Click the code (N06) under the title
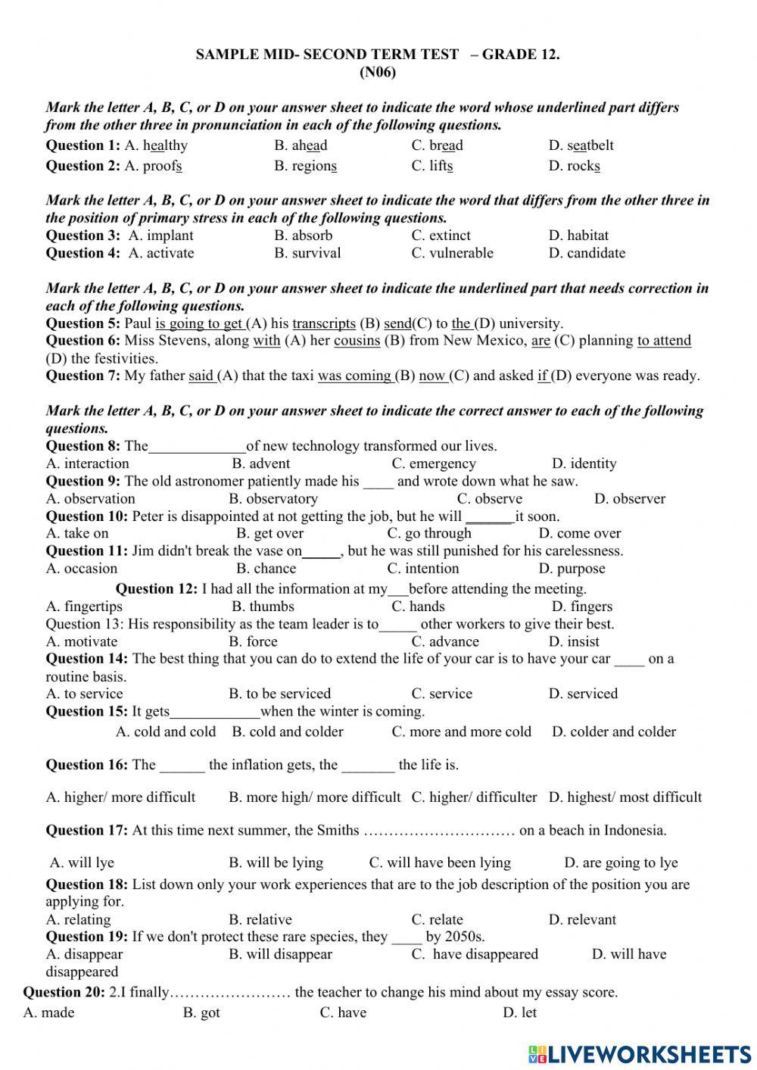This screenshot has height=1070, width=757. coord(378,73)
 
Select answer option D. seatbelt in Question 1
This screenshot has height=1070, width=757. coord(581,145)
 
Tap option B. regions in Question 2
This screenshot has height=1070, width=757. coord(305,166)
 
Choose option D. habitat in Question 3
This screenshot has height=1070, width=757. coord(578,236)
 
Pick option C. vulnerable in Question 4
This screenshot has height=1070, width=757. coord(452,253)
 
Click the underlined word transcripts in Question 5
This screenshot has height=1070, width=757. coord(324,323)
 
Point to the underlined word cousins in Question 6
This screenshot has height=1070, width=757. coord(357,341)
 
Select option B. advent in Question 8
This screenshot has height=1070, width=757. coord(260,463)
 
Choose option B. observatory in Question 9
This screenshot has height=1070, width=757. coord(273,498)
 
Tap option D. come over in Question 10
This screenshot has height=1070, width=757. coord(579,533)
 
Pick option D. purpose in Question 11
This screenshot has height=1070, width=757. coord(572,569)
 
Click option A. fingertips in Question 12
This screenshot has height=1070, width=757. coord(84,607)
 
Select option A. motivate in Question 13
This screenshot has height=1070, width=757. coord(82,641)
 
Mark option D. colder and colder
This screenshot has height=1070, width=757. coord(613,732)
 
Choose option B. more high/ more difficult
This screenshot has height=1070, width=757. coord(314,797)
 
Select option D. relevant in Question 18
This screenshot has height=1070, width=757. coord(582,920)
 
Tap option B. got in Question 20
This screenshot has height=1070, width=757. coord(201,1013)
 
